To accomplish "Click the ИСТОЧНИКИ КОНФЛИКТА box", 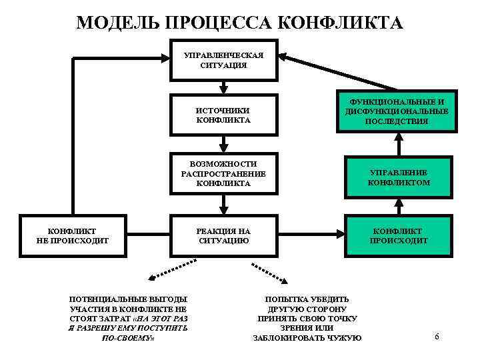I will pyautogui.click(x=223, y=115).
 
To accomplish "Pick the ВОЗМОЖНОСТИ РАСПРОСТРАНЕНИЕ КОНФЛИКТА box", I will pyautogui.click(x=223, y=173).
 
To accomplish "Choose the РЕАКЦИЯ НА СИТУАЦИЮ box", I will pyautogui.click(x=223, y=235).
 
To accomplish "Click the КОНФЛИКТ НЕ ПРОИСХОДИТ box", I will pyautogui.click(x=73, y=235).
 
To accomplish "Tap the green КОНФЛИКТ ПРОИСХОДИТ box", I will pyautogui.click(x=399, y=235).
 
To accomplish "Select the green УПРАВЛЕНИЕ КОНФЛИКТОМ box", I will pyautogui.click(x=399, y=177).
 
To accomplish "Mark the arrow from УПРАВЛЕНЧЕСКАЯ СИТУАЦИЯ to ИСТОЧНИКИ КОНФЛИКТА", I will pyautogui.click(x=223, y=87).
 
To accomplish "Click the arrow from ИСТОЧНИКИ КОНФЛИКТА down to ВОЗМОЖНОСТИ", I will pyautogui.click(x=223, y=143).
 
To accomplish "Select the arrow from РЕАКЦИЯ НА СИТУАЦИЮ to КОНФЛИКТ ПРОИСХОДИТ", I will pyautogui.click(x=310, y=235).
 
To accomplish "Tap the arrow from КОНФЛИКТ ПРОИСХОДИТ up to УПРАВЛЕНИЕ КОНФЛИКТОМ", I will pyautogui.click(x=399, y=207).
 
